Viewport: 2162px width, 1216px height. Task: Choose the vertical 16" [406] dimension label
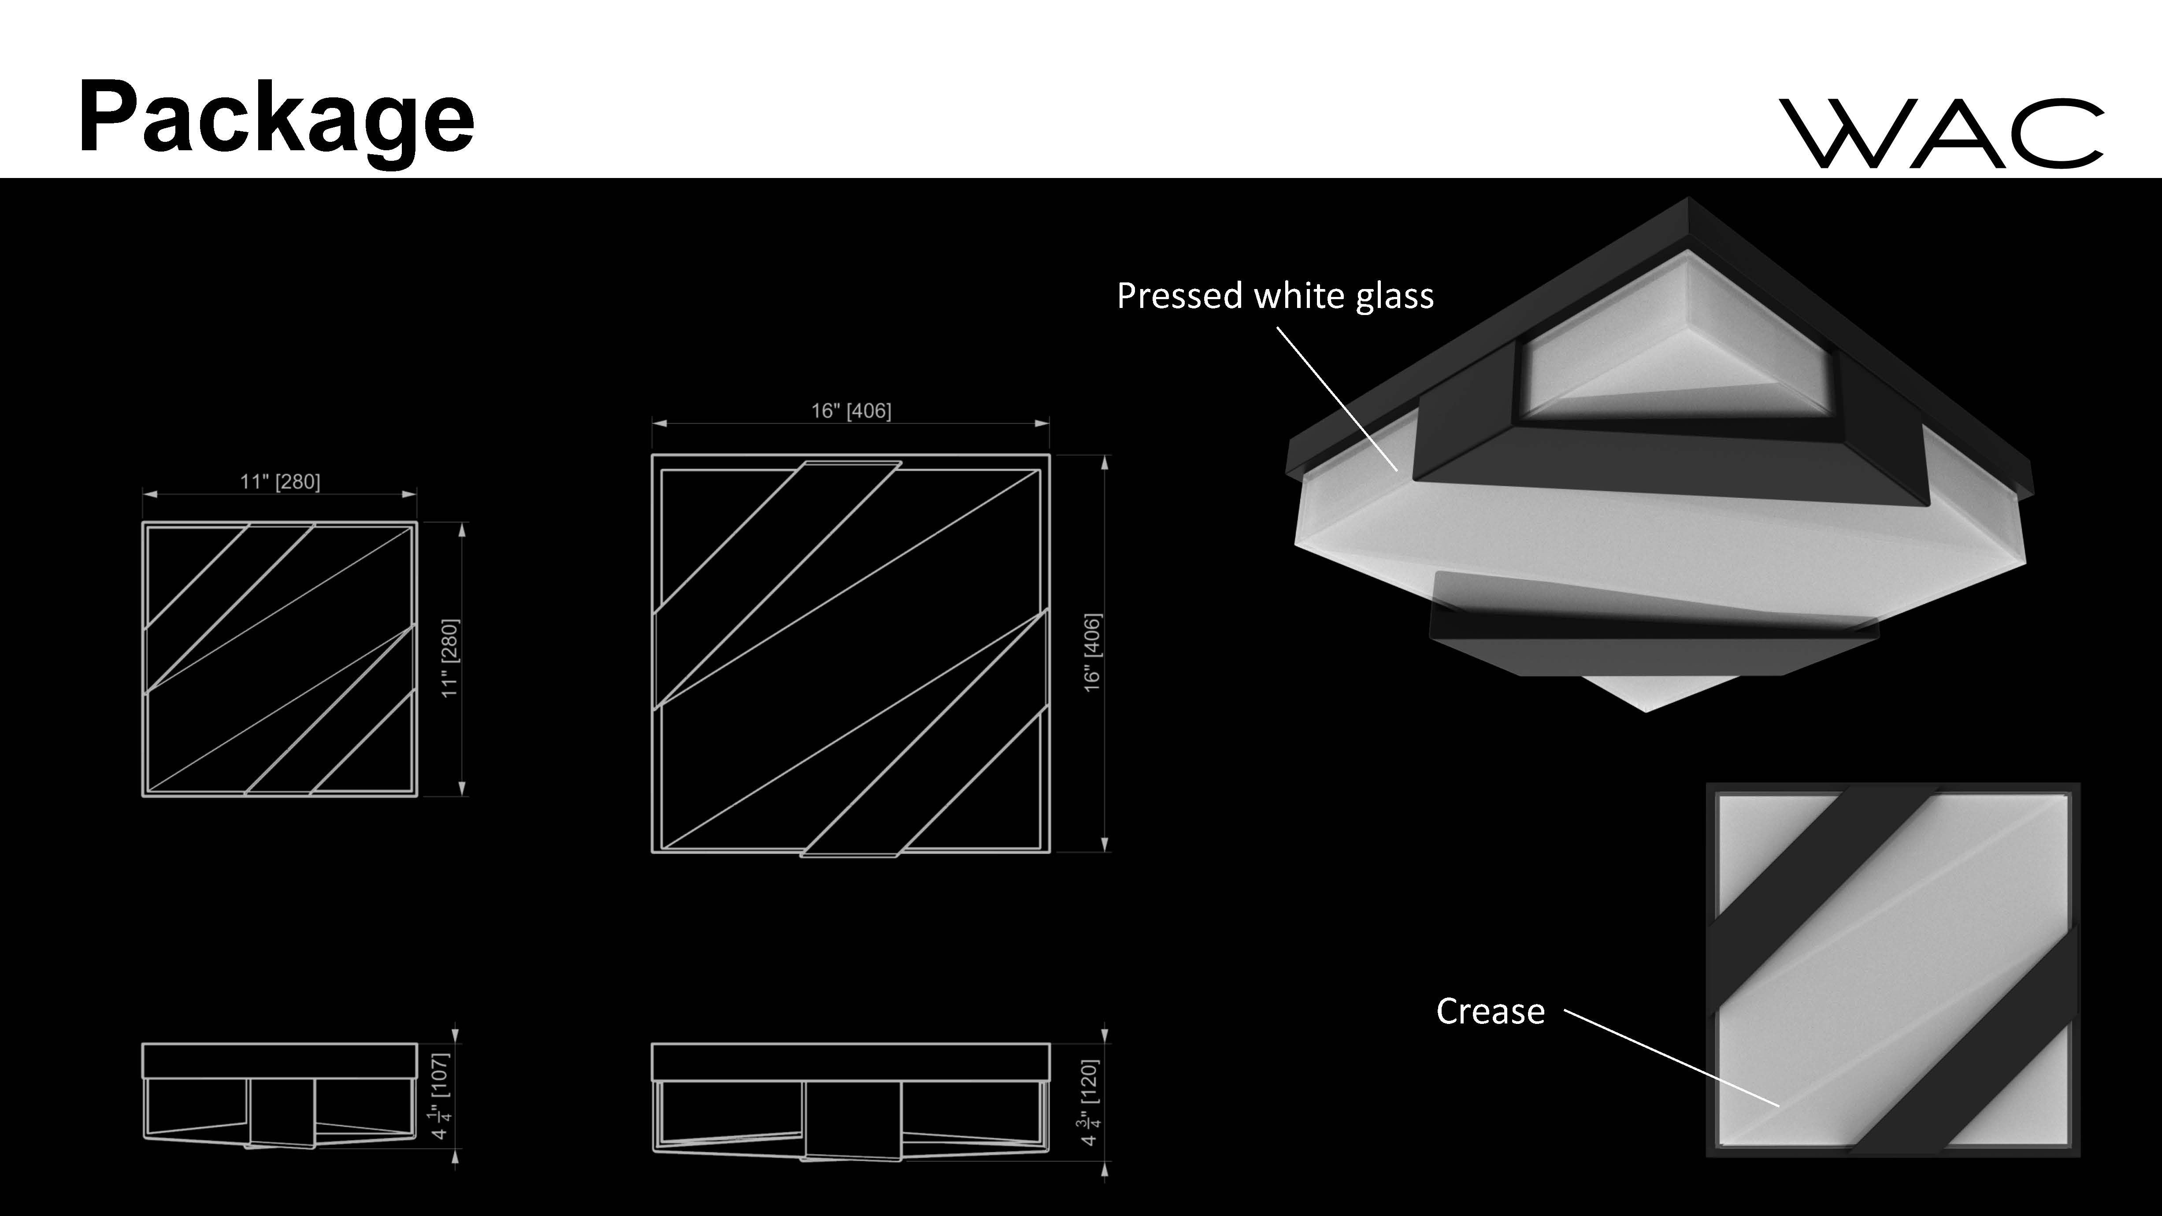click(1092, 653)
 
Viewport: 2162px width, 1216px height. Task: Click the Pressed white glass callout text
click(1275, 296)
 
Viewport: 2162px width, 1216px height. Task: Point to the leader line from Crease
click(1670, 1057)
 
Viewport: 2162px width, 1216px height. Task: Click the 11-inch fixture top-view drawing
click(279, 659)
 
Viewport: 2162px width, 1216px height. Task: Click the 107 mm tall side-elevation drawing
click(279, 1095)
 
